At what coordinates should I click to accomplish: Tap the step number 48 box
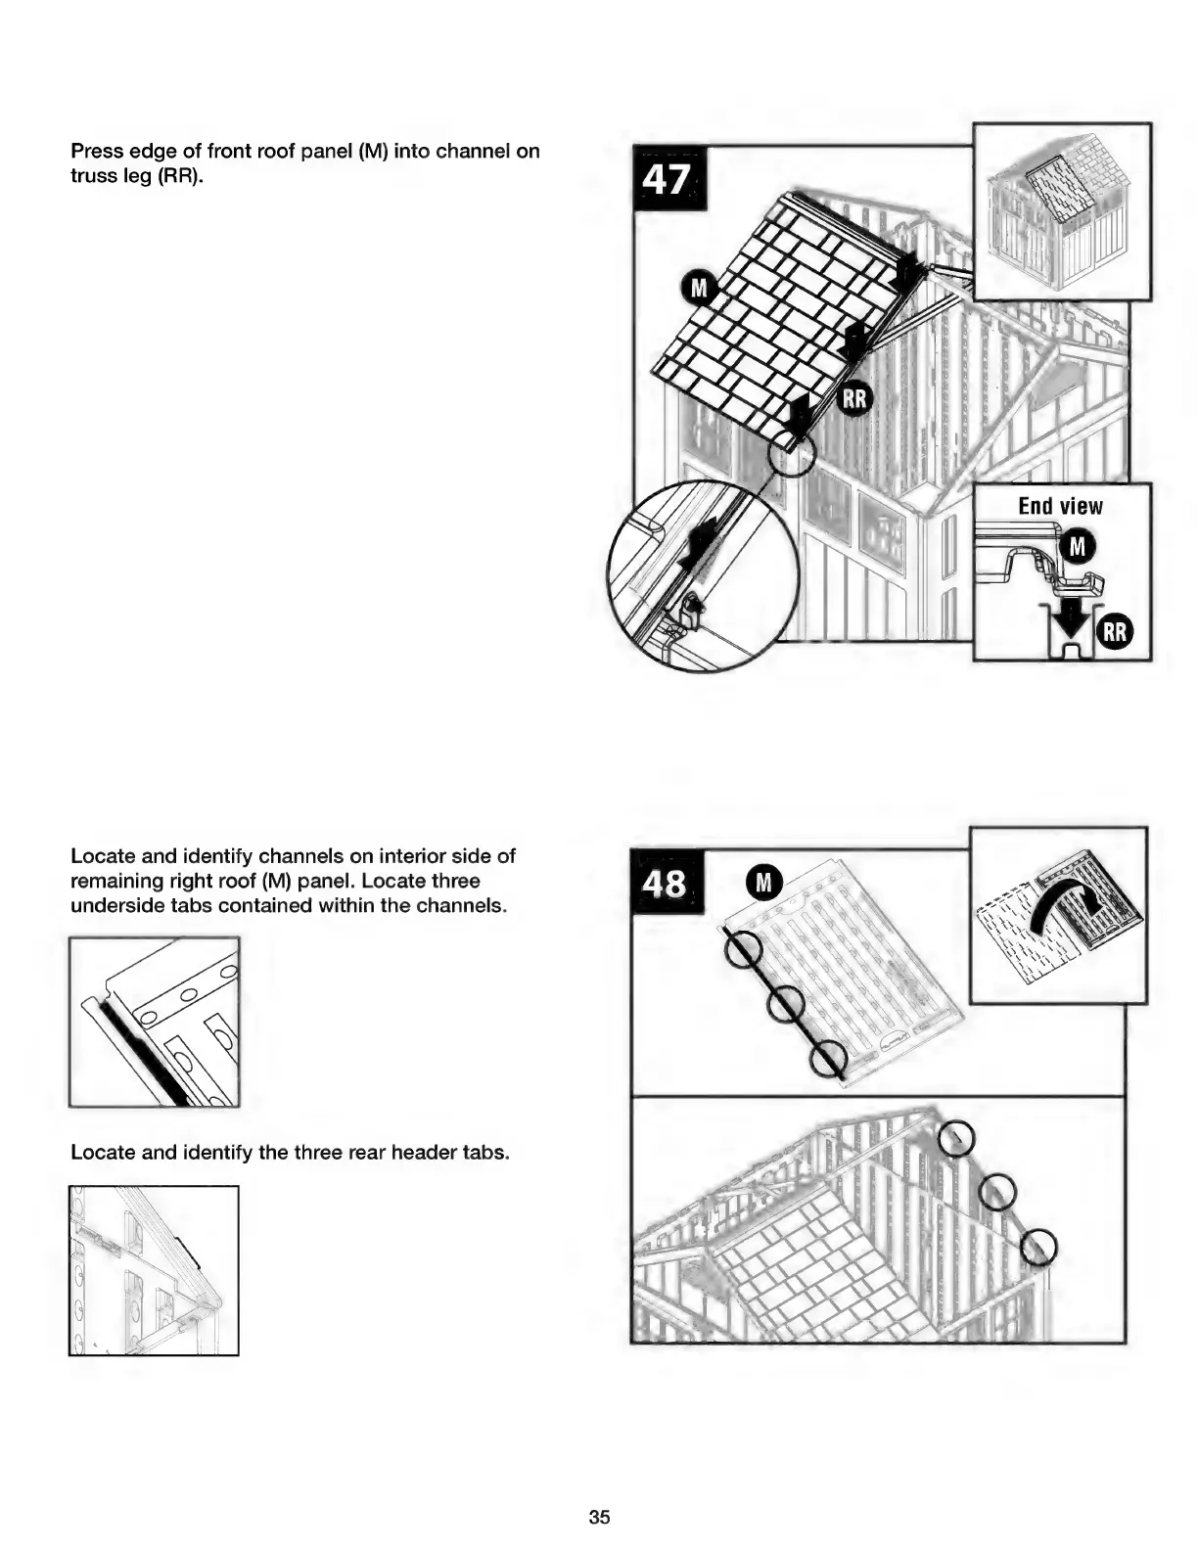[667, 882]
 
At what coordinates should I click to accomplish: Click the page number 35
[599, 1517]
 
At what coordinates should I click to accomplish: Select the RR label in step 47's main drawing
[854, 399]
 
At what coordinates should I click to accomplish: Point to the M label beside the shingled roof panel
[699, 289]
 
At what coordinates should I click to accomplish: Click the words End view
[1060, 506]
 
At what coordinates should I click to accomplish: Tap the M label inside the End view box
[1077, 546]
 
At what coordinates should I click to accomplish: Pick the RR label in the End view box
[1114, 632]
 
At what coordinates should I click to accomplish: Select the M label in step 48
[764, 883]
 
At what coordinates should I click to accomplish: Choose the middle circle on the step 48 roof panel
[786, 1004]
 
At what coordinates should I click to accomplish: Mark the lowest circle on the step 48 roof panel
[828, 1060]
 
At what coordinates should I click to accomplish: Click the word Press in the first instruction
[96, 152]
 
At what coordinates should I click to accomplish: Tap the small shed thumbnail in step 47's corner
[1061, 211]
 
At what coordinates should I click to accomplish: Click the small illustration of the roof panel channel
[154, 1022]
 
